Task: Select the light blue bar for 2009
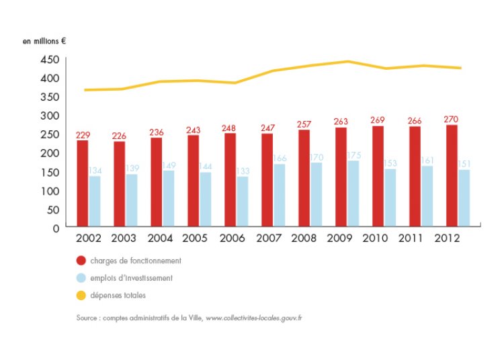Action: click(353, 193)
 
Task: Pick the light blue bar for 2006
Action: click(242, 201)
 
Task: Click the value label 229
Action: click(83, 136)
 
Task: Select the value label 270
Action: click(452, 120)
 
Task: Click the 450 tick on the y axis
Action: click(50, 60)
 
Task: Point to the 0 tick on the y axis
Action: click(56, 228)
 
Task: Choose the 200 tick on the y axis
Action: click(50, 153)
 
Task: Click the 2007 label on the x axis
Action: click(267, 238)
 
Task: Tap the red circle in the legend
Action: click(81, 261)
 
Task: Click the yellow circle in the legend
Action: click(81, 295)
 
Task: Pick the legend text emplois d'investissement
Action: click(131, 278)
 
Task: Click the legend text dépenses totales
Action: click(118, 295)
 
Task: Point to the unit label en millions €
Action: click(44, 41)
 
